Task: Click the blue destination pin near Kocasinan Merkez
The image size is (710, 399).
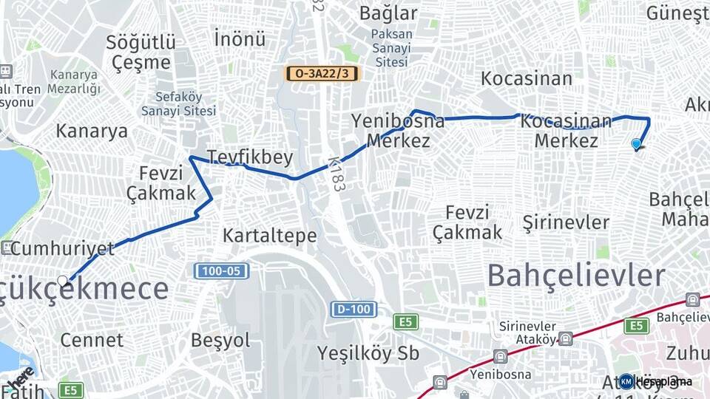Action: click(636, 144)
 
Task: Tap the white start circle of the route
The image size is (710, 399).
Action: click(63, 280)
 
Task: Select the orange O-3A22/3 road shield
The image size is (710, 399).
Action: click(322, 73)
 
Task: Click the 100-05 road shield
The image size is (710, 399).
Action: click(221, 271)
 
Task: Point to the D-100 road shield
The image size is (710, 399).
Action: click(353, 309)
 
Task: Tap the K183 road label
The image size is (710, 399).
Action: click(337, 174)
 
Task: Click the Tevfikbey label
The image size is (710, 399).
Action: click(250, 157)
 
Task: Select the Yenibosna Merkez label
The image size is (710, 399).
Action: click(398, 130)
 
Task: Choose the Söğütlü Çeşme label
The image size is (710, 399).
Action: click(141, 52)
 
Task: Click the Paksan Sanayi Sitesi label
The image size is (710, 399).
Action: click(392, 48)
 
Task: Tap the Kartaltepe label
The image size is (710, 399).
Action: click(270, 236)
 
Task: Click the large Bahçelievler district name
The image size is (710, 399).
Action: click(576, 276)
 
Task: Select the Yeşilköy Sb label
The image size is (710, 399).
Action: click(368, 353)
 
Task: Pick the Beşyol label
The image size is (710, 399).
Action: click(220, 340)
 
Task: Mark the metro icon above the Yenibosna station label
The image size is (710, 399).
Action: click(501, 356)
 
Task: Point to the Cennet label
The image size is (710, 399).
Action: click(92, 340)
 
